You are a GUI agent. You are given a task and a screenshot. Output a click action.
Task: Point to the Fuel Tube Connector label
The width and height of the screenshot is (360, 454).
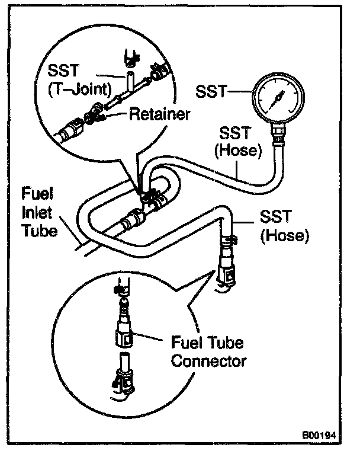click(x=207, y=351)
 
